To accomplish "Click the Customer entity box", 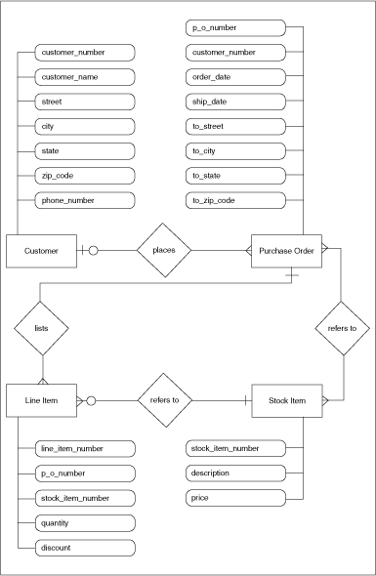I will [x=42, y=251].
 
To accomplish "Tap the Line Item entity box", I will [x=42, y=399].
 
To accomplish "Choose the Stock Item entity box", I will [x=286, y=399].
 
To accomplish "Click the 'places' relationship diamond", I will [x=163, y=251].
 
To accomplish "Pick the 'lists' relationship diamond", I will [x=42, y=329].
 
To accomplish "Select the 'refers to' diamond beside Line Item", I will [x=163, y=399].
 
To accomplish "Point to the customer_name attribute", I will [x=85, y=75].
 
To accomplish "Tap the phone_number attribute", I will [x=85, y=200].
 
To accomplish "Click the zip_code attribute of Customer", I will [x=85, y=176].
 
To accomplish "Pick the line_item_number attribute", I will [x=85, y=448].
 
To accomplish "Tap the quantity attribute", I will [x=85, y=522].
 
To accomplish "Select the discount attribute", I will [x=85, y=548].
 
